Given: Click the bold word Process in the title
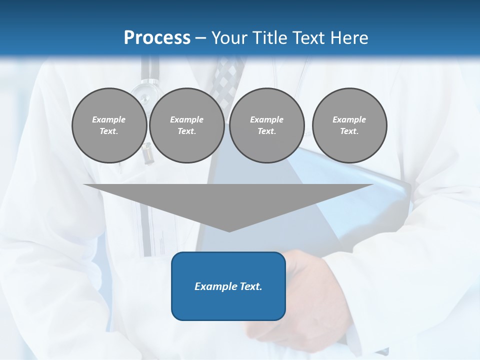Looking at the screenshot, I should (x=157, y=38).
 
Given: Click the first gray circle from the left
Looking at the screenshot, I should (x=109, y=125).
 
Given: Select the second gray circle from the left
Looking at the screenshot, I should (x=186, y=125).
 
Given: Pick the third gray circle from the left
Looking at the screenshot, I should (x=266, y=125).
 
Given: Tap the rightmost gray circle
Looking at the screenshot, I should (x=349, y=125).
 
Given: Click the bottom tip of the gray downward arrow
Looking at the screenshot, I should (x=229, y=231).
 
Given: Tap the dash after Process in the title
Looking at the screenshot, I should (x=201, y=38).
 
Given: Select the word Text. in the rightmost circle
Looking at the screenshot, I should (x=349, y=131).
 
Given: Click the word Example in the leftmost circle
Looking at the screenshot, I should (x=109, y=119).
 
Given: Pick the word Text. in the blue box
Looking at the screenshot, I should (x=250, y=286).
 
